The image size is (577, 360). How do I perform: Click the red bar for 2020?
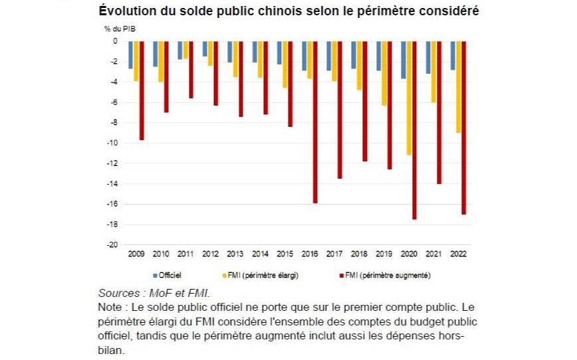point(415,130)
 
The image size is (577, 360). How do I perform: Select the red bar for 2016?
point(315,122)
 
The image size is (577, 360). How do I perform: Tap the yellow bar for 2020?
point(409,98)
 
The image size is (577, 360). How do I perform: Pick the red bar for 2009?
point(142,90)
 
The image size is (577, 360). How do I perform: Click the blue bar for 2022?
point(453,55)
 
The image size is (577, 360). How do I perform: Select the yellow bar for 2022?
point(459,86)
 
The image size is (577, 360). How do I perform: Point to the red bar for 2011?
point(191,69)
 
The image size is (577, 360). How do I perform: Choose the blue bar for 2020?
point(403,60)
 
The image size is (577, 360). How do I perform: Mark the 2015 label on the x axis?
point(285,254)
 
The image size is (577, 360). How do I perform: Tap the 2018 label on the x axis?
point(359,254)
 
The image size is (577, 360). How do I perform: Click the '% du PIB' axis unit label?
point(120,29)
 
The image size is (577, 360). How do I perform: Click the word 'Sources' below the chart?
point(118,293)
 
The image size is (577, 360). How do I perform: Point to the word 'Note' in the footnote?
point(110,307)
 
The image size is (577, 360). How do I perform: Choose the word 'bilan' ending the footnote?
point(110,351)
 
